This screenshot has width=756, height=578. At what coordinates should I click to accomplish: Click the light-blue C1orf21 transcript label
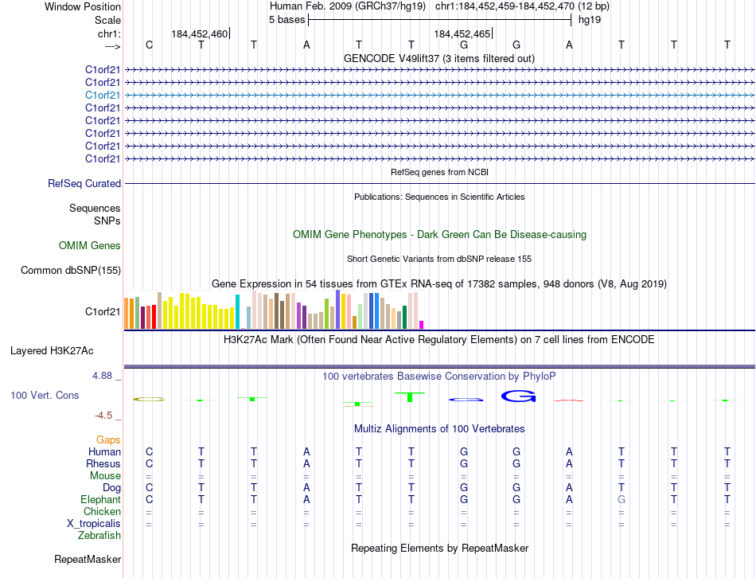pyautogui.click(x=103, y=95)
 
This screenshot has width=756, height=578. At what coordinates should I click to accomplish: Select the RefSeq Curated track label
pyautogui.click(x=84, y=183)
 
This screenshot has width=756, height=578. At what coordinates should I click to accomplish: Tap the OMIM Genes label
pyautogui.click(x=90, y=246)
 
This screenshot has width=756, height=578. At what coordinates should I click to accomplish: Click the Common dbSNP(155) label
pyautogui.click(x=71, y=271)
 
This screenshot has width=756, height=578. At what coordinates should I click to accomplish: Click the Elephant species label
pyautogui.click(x=101, y=499)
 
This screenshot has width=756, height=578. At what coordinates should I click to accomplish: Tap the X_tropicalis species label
pyautogui.click(x=94, y=523)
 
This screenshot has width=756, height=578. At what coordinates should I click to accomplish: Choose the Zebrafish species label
pyautogui.click(x=99, y=535)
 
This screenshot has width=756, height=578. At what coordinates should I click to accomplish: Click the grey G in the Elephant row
pyautogui.click(x=622, y=499)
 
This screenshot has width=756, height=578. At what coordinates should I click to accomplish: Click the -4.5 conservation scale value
pyautogui.click(x=106, y=416)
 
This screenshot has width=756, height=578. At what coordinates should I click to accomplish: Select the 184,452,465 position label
pyautogui.click(x=462, y=34)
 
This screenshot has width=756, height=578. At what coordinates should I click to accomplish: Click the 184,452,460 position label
pyautogui.click(x=199, y=34)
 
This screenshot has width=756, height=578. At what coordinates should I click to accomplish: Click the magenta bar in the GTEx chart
pyautogui.click(x=421, y=324)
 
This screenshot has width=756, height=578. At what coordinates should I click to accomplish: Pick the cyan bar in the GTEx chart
pyautogui.click(x=237, y=311)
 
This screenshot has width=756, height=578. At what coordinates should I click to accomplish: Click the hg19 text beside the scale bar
pyautogui.click(x=589, y=19)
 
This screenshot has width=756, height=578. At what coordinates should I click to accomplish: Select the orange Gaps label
pyautogui.click(x=108, y=439)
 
